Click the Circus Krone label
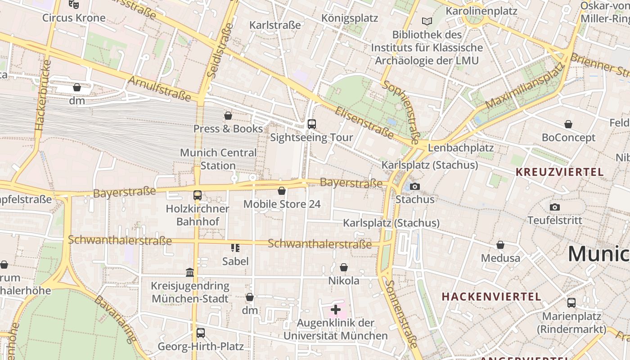click(x=74, y=18)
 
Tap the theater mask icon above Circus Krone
click(x=74, y=4)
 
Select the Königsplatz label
click(x=350, y=18)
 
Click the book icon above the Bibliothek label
click(x=427, y=21)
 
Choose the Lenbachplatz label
click(x=461, y=148)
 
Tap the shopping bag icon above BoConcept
click(x=568, y=124)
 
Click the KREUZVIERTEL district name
click(x=559, y=172)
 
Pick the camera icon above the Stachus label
click(x=415, y=186)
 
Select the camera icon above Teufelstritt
click(x=555, y=207)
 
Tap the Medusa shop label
click(x=500, y=258)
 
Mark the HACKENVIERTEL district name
click(x=491, y=297)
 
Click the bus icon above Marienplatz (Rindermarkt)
click(x=571, y=302)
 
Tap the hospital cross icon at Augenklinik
click(x=336, y=310)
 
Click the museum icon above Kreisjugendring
click(x=190, y=272)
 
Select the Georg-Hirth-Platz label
click(x=200, y=346)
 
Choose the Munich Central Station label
click(x=218, y=159)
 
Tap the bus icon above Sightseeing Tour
click(x=311, y=124)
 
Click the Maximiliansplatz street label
click(x=525, y=86)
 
